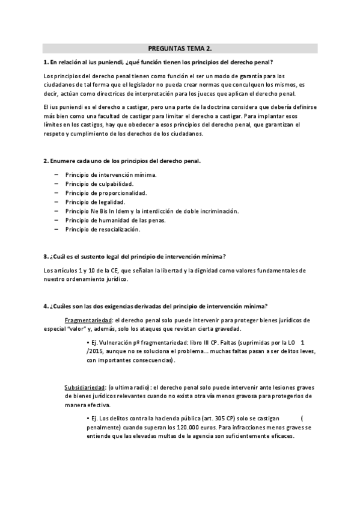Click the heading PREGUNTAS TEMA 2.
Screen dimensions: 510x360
(x=180, y=49)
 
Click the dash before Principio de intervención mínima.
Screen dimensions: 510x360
(x=55, y=174)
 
